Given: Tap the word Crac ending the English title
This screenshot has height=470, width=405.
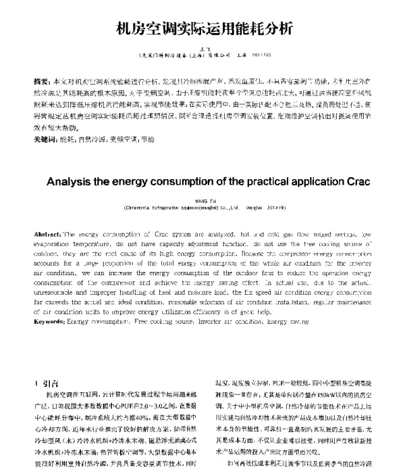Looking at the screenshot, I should pos(342,182).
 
